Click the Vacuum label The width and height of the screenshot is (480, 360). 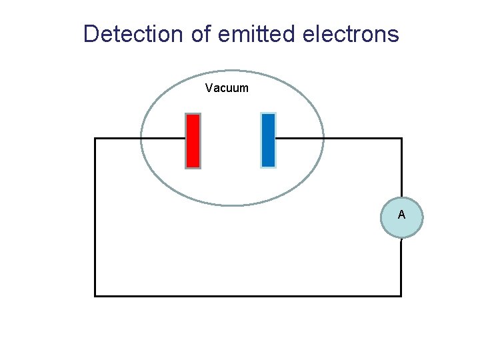click(227, 87)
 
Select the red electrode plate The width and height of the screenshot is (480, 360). click(193, 141)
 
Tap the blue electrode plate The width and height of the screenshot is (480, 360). click(268, 140)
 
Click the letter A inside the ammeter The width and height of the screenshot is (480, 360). click(401, 215)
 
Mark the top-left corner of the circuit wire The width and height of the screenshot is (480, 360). click(95, 139)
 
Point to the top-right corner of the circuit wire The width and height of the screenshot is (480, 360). click(401, 139)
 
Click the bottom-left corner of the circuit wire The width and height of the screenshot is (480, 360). click(95, 295)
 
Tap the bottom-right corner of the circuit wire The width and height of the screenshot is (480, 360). click(401, 295)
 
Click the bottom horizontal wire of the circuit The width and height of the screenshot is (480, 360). click(247, 295)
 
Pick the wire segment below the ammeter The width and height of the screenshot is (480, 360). click(401, 267)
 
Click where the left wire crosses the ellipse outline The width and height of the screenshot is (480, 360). click(141, 139)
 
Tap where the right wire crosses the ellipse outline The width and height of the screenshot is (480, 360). click(323, 139)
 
